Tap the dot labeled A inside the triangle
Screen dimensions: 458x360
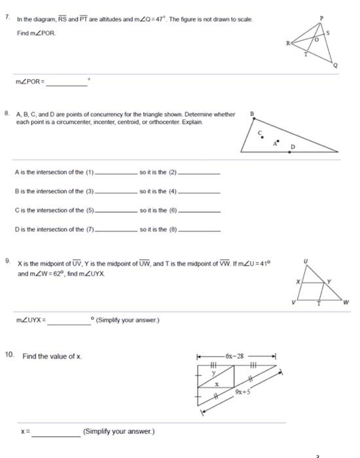[x=278, y=139]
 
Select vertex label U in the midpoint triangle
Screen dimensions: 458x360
[x=306, y=261]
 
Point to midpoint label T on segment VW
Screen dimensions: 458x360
[x=318, y=303]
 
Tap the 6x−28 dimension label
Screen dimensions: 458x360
[x=234, y=357]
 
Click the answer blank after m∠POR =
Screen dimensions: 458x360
[x=66, y=82]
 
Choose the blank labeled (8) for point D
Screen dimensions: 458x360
[x=200, y=230]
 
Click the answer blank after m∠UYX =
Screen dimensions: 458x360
[x=69, y=321]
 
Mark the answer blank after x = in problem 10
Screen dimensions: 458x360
[x=57, y=432]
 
